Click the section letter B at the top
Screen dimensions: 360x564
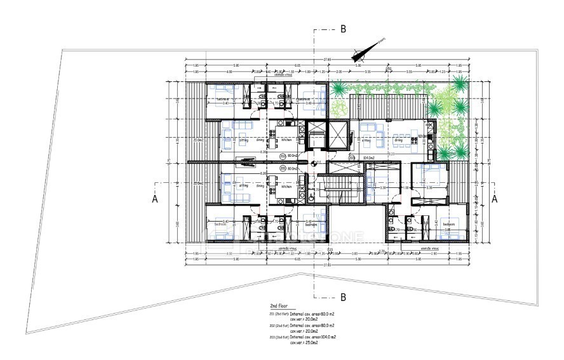pos(343,29)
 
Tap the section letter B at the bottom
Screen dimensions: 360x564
pos(343,297)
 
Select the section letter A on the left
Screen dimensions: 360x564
pos(154,198)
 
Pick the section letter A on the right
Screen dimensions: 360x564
pos(495,198)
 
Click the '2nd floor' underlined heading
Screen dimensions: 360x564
pos(279,305)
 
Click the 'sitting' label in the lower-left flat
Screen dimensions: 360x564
pos(243,186)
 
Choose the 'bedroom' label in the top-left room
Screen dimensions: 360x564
pos(223,99)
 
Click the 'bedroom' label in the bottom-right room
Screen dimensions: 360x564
pos(449,224)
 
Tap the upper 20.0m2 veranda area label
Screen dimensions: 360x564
pos(198,140)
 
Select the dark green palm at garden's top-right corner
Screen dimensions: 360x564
pos(460,84)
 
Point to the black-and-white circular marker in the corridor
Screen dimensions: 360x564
pos(315,163)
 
